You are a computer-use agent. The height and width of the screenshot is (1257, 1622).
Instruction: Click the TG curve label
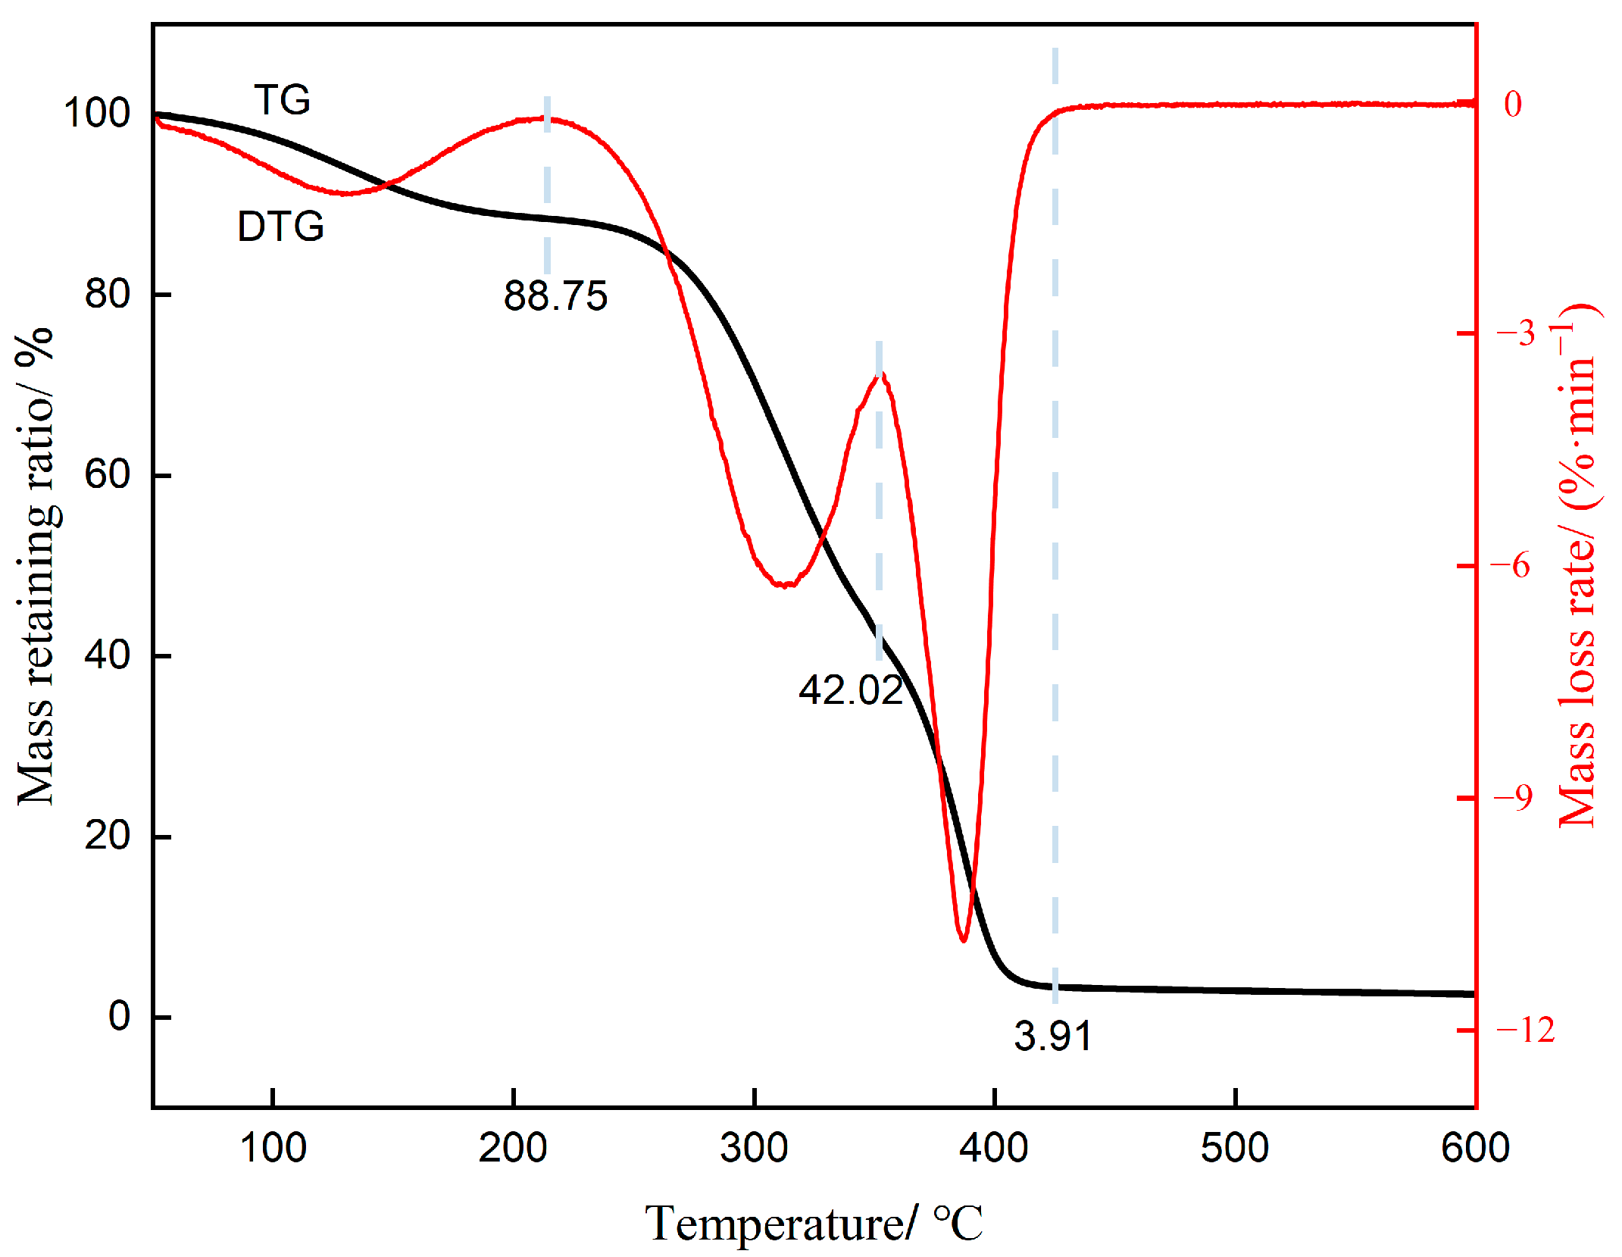pyautogui.click(x=282, y=100)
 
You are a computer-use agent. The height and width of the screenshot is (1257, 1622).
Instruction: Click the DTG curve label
pyautogui.click(x=280, y=227)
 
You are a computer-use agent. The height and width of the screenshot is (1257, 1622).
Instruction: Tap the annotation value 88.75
pyautogui.click(x=555, y=296)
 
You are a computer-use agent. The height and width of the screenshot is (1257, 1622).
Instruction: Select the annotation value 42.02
pyautogui.click(x=850, y=690)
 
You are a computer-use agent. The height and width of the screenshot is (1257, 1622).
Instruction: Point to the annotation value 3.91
pyautogui.click(x=1052, y=1036)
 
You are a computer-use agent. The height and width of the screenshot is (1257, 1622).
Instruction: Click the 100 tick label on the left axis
pyautogui.click(x=97, y=113)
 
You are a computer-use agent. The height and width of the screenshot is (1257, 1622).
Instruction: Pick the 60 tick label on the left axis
pyautogui.click(x=107, y=475)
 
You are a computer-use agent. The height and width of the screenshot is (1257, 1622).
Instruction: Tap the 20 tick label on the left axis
pyautogui.click(x=107, y=836)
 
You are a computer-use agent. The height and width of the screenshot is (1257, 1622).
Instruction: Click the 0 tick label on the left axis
pyautogui.click(x=119, y=1016)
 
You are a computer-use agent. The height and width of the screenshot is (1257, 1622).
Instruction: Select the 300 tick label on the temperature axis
pyautogui.click(x=754, y=1147)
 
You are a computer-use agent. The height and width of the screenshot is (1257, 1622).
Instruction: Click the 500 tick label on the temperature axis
pyautogui.click(x=1235, y=1147)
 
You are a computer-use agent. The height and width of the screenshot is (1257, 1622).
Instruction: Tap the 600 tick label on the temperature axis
pyautogui.click(x=1474, y=1147)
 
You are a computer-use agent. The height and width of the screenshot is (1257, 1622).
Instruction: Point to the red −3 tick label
pyautogui.click(x=1515, y=333)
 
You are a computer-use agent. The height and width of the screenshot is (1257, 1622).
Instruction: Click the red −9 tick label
pyautogui.click(x=1513, y=797)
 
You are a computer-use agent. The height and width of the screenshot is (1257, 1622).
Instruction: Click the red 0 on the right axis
pyautogui.click(x=1513, y=105)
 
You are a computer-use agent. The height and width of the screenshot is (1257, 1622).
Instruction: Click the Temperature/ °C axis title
pyautogui.click(x=814, y=1222)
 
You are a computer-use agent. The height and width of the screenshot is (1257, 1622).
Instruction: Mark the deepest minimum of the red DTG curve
pyautogui.click(x=963, y=940)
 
